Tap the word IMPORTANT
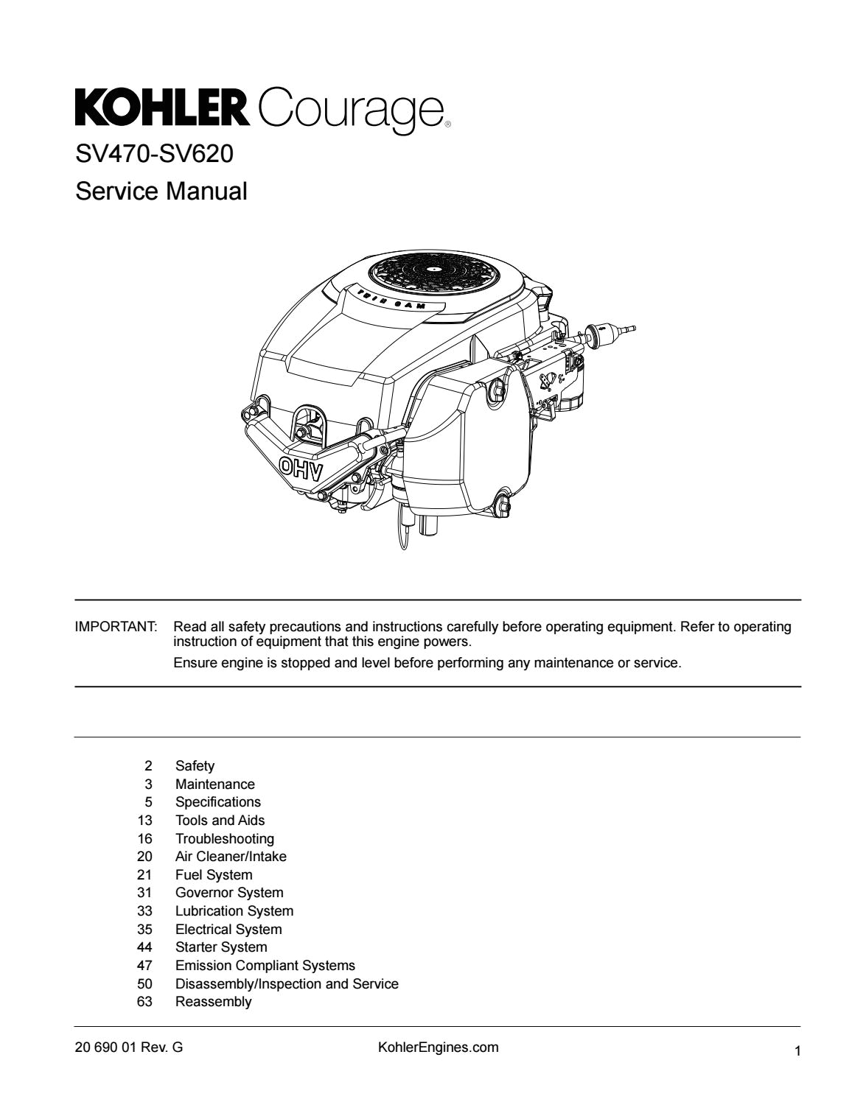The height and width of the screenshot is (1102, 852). coord(116,627)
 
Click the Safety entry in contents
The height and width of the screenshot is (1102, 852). coord(195,766)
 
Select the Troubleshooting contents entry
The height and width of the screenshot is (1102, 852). coord(224,838)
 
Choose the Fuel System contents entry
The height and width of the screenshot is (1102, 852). coord(213,875)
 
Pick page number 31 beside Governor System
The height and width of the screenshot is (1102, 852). coord(144,893)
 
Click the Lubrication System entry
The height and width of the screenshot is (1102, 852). coord(234,911)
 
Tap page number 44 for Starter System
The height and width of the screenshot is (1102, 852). coord(144,947)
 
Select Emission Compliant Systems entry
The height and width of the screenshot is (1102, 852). coord(265,965)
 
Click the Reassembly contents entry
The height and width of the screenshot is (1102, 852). coord(213,1002)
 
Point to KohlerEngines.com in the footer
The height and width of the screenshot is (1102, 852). coord(438,1047)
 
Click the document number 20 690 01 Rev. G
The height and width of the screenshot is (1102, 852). coord(129,1047)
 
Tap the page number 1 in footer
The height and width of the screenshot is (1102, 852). coord(797,1052)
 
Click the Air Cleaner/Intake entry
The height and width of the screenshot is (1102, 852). coord(231,857)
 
